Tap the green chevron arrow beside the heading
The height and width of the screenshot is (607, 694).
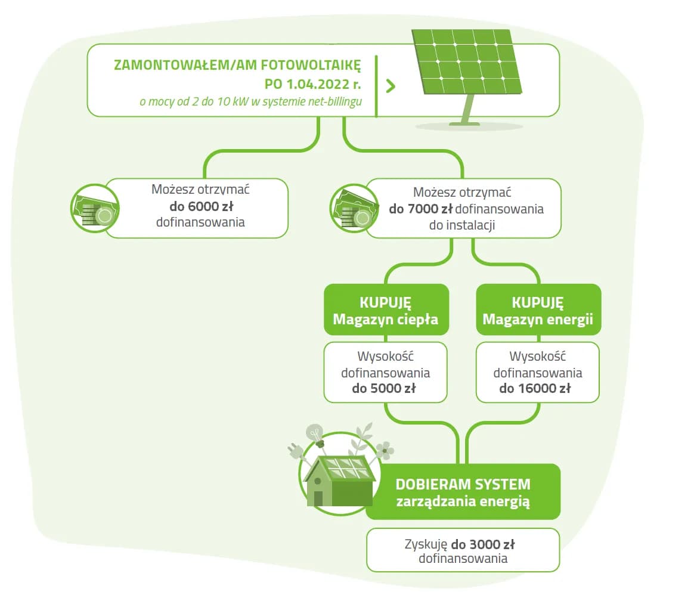click(x=391, y=86)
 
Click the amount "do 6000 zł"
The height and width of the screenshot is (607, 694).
click(x=200, y=208)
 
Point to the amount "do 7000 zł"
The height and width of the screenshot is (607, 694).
click(x=421, y=209)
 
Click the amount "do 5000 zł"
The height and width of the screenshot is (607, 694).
click(x=385, y=389)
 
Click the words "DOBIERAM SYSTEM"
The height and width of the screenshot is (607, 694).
click(x=463, y=484)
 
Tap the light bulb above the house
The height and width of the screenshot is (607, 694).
click(x=314, y=433)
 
